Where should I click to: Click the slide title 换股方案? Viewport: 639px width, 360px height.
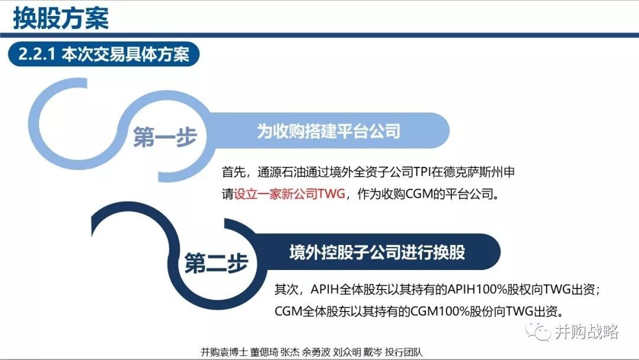61,18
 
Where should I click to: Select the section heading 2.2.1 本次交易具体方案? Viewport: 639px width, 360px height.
104,54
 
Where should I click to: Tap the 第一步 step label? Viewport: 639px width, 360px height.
164,137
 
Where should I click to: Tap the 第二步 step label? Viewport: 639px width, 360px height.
216,263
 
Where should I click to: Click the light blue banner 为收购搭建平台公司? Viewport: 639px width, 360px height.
328,131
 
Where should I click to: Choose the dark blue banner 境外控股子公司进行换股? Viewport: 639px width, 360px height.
377,252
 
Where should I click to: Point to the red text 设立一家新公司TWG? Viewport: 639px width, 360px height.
290,194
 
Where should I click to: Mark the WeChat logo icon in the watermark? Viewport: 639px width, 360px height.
538,330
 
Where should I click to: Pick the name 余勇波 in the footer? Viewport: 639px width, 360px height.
316,352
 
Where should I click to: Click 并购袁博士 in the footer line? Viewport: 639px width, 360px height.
224,352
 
